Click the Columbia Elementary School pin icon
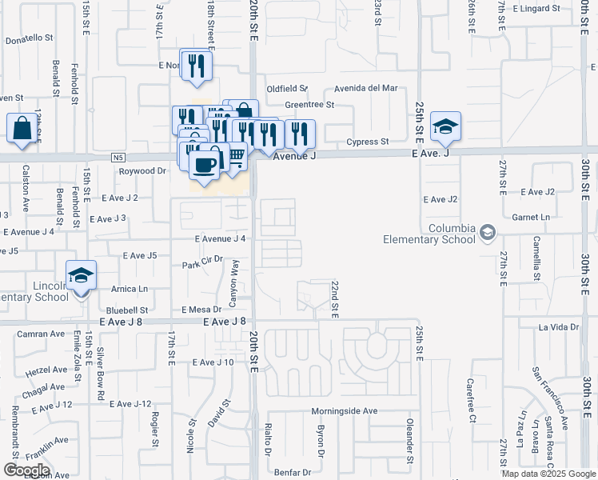coord(488,233)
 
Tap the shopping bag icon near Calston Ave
coord(22,128)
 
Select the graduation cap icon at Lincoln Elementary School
coord(82,276)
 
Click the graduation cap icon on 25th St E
coord(445,126)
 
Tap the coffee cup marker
coord(205,164)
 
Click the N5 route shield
coord(118,157)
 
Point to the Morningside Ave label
coord(344,411)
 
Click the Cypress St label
coord(367,142)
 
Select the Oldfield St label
coord(287,88)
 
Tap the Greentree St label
coord(309,104)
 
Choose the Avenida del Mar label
coord(366,88)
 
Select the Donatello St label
coord(29,38)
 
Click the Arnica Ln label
coord(130,289)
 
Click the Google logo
coord(26,470)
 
